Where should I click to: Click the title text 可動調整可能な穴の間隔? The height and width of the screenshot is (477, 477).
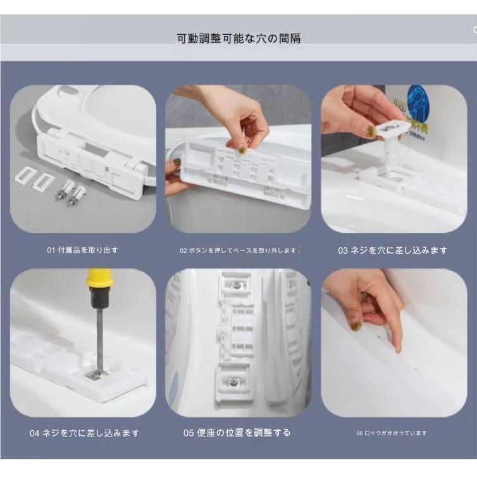click(238, 39)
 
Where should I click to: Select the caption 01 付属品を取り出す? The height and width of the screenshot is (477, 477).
click(82, 250)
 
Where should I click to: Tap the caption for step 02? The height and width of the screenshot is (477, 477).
click(238, 251)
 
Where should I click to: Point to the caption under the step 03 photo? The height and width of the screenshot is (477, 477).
click(392, 251)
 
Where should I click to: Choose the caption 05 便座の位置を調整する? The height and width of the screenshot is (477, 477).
click(237, 433)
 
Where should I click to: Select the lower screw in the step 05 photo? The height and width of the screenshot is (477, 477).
click(234, 382)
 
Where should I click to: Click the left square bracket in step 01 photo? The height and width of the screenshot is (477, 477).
click(25, 177)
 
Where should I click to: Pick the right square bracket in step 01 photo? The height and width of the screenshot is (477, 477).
click(44, 181)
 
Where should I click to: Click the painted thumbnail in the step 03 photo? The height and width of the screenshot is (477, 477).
click(370, 132)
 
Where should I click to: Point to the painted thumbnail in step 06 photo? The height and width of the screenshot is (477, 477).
click(357, 325)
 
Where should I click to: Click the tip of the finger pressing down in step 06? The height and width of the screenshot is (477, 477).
click(398, 349)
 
